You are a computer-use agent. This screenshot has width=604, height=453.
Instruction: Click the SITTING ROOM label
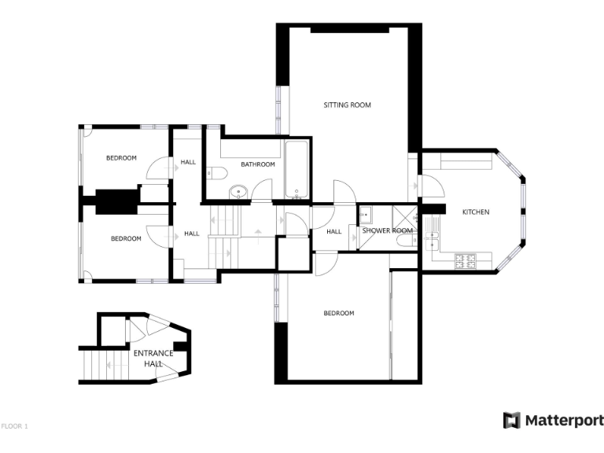pos(347,105)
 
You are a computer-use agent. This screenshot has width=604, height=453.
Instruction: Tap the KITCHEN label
pos(475,212)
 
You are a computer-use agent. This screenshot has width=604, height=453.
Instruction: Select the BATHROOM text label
pos(258,164)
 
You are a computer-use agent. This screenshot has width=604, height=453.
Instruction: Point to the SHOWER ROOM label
pos(387,230)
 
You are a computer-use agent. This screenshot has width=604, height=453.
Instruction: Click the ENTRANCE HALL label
pos(153,358)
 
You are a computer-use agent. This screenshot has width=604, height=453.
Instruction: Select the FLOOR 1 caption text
pos(15,426)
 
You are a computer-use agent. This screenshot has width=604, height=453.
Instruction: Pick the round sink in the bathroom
pos(238,192)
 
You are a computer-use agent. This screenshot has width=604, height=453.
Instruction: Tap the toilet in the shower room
pos(404,243)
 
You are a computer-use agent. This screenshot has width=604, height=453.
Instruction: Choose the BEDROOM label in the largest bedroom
pos(339,313)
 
